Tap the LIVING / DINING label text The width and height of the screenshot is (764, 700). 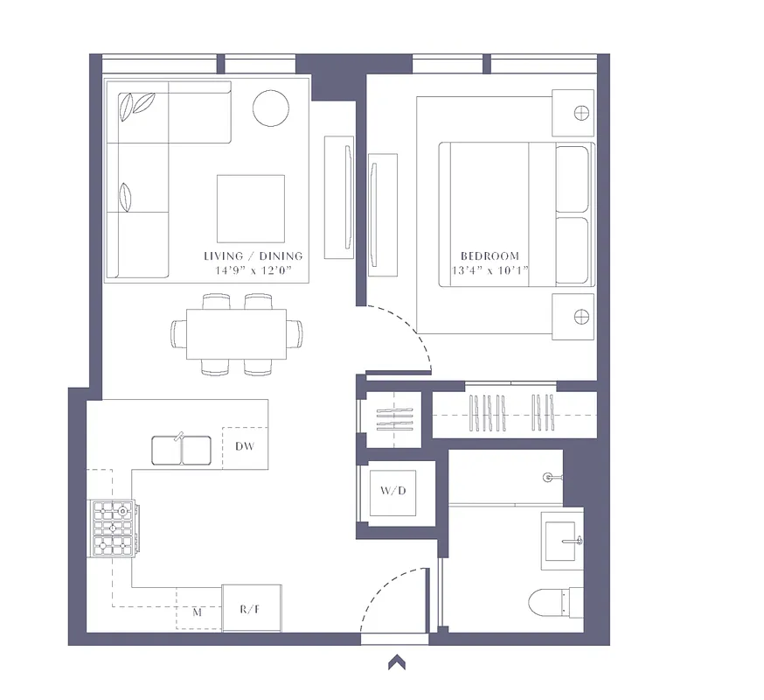(x=253, y=255)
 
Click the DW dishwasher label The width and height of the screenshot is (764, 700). (x=244, y=447)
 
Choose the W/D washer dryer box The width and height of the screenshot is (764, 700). (x=393, y=491)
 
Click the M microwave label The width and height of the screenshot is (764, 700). (x=198, y=612)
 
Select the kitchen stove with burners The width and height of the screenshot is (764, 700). (x=114, y=528)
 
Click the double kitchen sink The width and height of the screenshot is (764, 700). (x=182, y=450)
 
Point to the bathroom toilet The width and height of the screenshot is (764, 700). (x=555, y=603)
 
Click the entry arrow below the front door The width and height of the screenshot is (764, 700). (x=397, y=662)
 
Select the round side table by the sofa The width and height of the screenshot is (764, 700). (x=271, y=108)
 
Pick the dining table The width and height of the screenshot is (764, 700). (x=236, y=334)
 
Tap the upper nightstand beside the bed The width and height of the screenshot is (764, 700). (x=573, y=113)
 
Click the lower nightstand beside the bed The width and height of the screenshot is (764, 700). (x=573, y=316)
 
